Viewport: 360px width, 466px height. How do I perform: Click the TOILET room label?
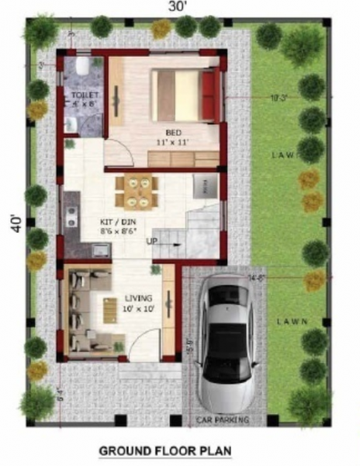[x=81, y=94]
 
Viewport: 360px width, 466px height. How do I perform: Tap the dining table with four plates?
[x=138, y=192]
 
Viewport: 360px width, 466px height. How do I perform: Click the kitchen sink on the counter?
[x=100, y=250]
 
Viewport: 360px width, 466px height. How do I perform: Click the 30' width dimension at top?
[x=181, y=7]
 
